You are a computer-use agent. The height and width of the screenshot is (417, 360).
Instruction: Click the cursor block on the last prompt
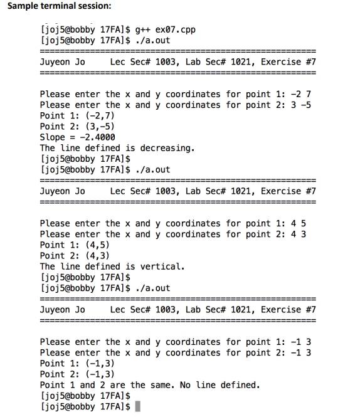(137, 407)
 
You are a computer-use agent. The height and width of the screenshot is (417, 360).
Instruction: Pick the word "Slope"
(53, 137)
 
